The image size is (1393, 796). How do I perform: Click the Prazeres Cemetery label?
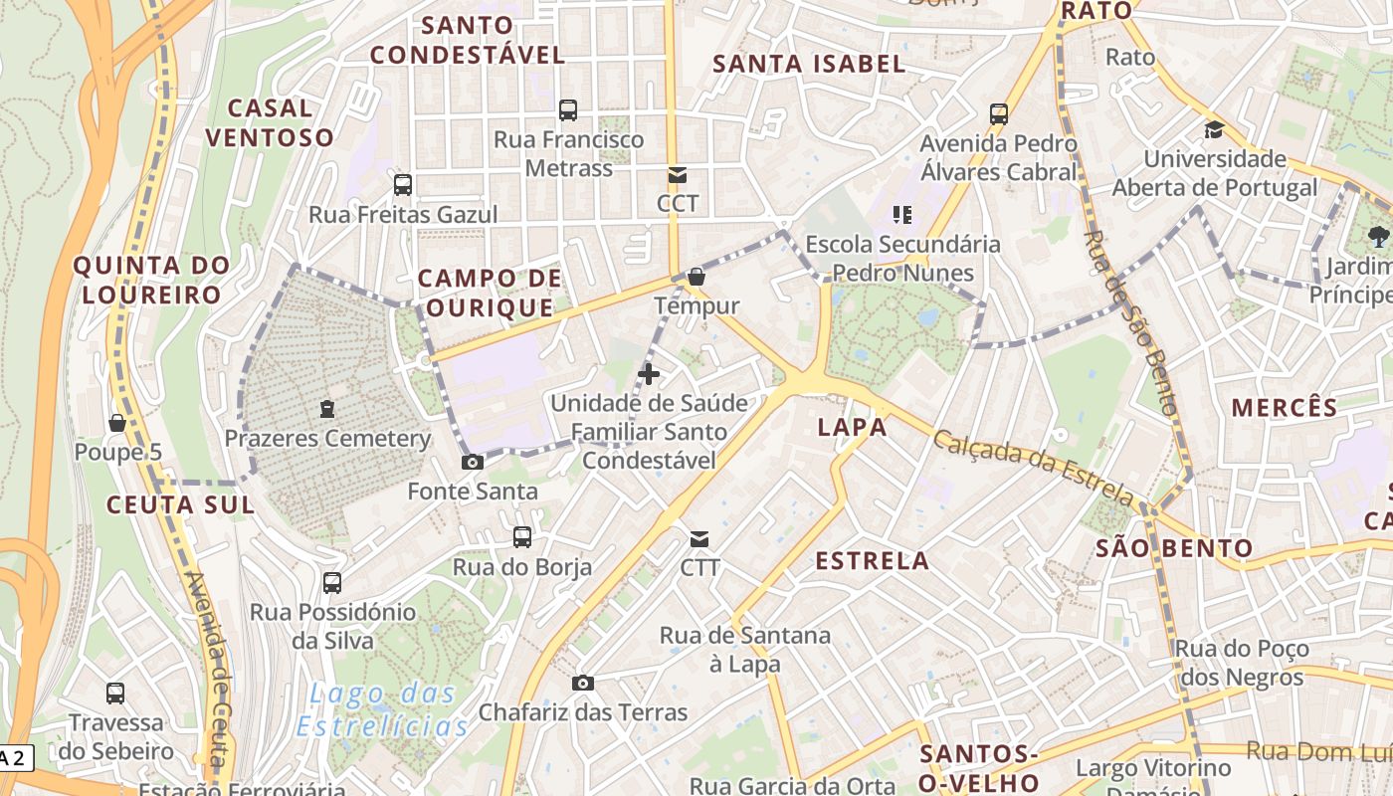tap(327, 438)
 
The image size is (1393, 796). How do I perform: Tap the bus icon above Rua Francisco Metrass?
tap(568, 110)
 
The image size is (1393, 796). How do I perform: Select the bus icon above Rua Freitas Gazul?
tap(403, 184)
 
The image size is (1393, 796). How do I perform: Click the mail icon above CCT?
tap(678, 175)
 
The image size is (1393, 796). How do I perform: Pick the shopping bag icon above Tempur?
tap(696, 277)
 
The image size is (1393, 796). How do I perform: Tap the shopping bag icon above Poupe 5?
tap(117, 423)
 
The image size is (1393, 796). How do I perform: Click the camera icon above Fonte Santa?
tap(473, 462)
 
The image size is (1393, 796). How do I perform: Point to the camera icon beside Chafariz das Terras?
tap(583, 683)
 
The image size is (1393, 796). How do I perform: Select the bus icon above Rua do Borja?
tap(522, 537)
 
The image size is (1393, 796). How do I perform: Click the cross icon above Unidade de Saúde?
tap(649, 374)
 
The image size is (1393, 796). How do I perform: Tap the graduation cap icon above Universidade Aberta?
tap(1214, 129)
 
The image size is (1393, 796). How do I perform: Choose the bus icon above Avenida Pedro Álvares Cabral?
tap(999, 114)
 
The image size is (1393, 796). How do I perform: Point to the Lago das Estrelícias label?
tap(383, 709)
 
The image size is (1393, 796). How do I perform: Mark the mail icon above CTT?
tap(699, 539)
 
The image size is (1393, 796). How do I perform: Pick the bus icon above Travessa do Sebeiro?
tap(115, 693)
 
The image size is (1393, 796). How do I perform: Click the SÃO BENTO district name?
tap(1174, 548)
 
